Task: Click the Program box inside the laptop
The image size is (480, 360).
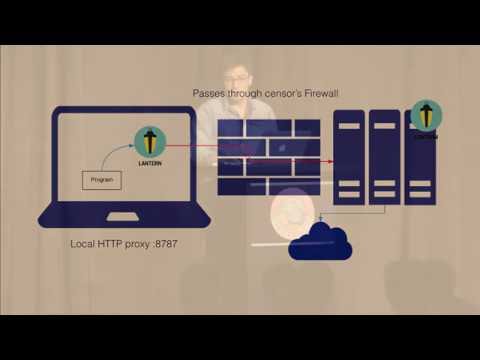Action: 100,181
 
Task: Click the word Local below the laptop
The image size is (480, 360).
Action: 84,244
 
